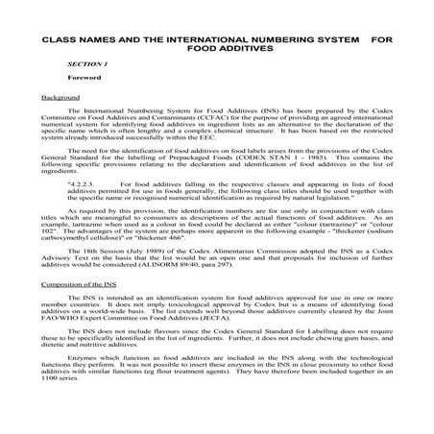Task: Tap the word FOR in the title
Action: tap(382, 41)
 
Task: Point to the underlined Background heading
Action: tap(60, 97)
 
